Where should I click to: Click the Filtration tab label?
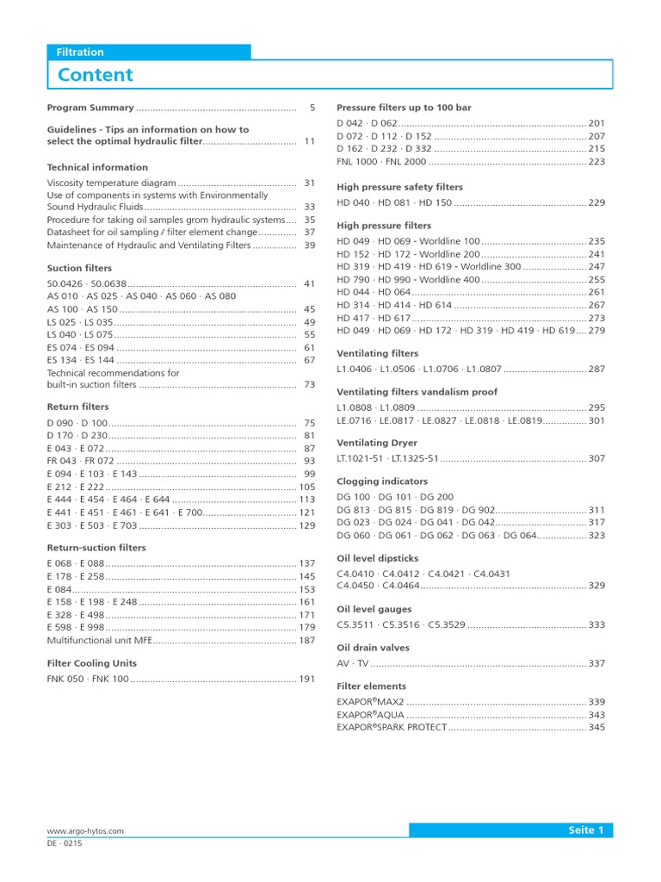pos(80,52)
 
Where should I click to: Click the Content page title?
pos(95,75)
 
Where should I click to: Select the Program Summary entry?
pos(90,108)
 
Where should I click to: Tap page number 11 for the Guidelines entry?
pos(309,141)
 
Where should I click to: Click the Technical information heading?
pos(97,167)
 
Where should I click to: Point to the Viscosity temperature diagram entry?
pos(111,183)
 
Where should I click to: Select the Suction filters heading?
pos(79,268)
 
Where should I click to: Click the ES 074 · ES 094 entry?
pos(80,347)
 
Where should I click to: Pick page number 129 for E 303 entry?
pos(306,525)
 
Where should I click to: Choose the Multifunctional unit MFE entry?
pos(98,641)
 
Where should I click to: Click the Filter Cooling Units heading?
pos(91,663)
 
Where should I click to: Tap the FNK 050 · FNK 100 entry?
pos(87,679)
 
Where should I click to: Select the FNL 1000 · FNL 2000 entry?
pos(381,161)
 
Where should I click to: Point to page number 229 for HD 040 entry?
pos(596,202)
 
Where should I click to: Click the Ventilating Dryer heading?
pos(376,443)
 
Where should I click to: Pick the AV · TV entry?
pos(352,663)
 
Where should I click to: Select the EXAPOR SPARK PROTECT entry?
pos(392,727)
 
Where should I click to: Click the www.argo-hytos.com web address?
pos(85,831)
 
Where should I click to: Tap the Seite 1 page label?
pos(585,830)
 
